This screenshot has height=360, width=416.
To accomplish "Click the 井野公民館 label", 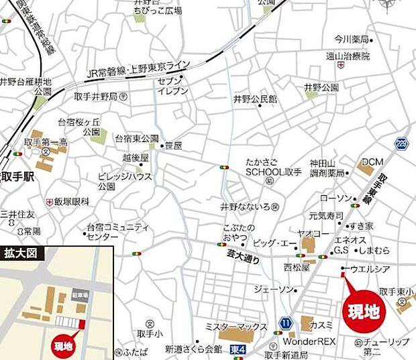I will click(x=255, y=99).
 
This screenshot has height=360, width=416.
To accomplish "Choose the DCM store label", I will click(x=372, y=162).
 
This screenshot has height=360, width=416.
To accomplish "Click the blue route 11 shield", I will click(x=286, y=324).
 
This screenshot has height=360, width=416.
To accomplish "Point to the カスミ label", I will click(x=321, y=324).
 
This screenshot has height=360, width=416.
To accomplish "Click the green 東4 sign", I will click(x=238, y=349).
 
